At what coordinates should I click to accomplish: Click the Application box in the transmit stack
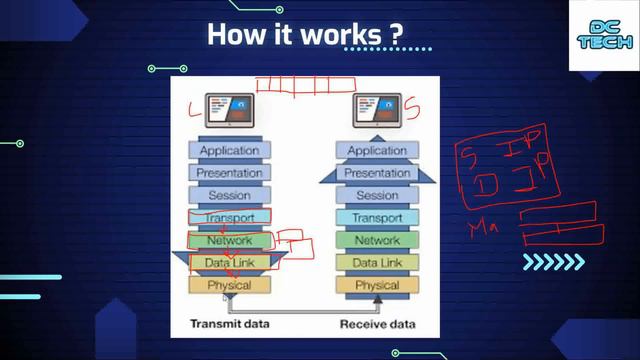(x=230, y=151)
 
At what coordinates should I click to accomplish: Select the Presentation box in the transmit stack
(x=230, y=173)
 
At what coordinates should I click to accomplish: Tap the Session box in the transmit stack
(x=230, y=195)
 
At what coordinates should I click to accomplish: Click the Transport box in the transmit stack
(x=230, y=218)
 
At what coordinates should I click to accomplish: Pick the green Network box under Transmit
(x=230, y=240)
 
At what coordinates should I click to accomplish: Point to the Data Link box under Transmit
(x=230, y=263)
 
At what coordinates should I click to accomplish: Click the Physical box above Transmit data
(x=230, y=285)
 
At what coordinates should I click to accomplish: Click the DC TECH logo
(x=604, y=37)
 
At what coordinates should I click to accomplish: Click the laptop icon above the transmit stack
(x=230, y=108)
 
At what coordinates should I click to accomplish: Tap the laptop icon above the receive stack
(x=378, y=108)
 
